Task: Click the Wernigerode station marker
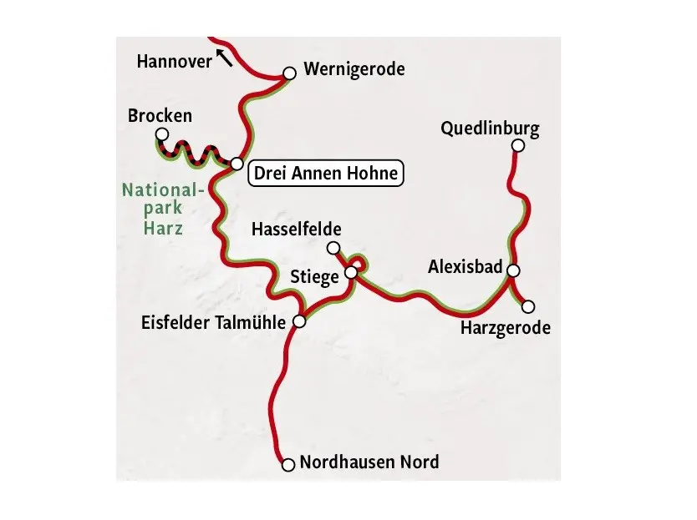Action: (x=289, y=73)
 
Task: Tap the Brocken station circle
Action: (x=162, y=134)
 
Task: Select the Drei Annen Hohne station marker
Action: (x=237, y=164)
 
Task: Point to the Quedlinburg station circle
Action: (x=517, y=146)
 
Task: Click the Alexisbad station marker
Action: (x=513, y=270)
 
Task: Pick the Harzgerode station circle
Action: (x=528, y=306)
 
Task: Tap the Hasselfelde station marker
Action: (x=333, y=247)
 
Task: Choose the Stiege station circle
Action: (x=352, y=272)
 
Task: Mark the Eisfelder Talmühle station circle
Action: (x=300, y=322)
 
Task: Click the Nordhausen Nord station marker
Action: (x=288, y=464)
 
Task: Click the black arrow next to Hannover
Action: (x=224, y=57)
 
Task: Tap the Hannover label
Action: (x=174, y=61)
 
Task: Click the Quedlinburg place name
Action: (x=490, y=129)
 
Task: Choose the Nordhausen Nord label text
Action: (x=369, y=462)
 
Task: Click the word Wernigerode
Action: (x=354, y=68)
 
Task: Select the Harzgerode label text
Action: (x=505, y=328)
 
